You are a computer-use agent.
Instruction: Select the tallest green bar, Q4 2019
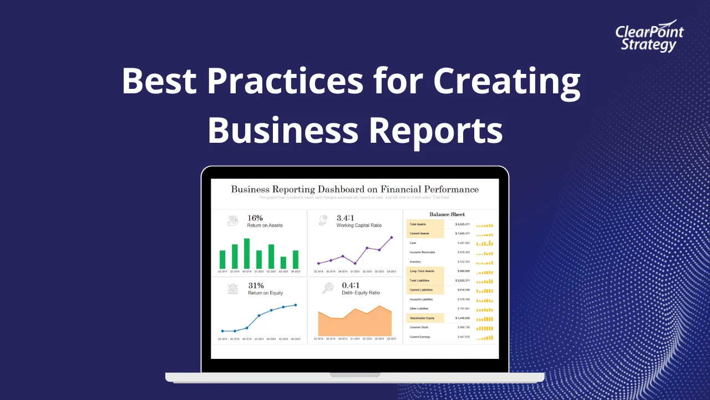point(247,253)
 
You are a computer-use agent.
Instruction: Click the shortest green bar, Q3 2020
point(283,262)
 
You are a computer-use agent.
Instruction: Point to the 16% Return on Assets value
point(255,218)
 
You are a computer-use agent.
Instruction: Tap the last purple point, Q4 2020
point(392,237)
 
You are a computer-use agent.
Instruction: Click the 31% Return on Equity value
point(256,286)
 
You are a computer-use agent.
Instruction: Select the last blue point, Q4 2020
point(296,304)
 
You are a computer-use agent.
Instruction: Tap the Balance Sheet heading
point(447,214)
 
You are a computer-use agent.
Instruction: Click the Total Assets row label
point(418,224)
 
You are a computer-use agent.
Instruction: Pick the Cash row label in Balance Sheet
point(413,243)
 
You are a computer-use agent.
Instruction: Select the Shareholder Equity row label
point(422,318)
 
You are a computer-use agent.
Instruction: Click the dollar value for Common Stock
point(463,328)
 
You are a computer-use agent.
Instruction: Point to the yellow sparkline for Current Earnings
point(484,337)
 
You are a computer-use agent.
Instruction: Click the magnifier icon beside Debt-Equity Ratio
point(328,288)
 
